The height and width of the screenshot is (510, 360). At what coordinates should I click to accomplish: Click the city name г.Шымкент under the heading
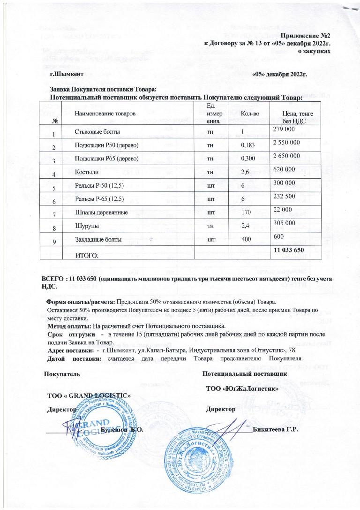coord(67,74)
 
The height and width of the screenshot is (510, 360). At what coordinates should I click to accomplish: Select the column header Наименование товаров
coord(105,114)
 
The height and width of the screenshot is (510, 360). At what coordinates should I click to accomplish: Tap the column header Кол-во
coord(249,114)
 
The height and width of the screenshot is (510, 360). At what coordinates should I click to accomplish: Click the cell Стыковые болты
coord(93,132)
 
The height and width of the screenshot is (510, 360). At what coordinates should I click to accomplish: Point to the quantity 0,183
coord(247,146)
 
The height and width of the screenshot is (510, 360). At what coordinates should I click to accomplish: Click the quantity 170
coord(245,213)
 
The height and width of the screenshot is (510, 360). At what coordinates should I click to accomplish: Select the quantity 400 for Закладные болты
coord(246,240)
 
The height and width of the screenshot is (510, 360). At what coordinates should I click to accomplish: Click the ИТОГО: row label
coord(87,255)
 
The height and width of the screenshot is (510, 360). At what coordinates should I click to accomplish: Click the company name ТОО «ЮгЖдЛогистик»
coord(242,389)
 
